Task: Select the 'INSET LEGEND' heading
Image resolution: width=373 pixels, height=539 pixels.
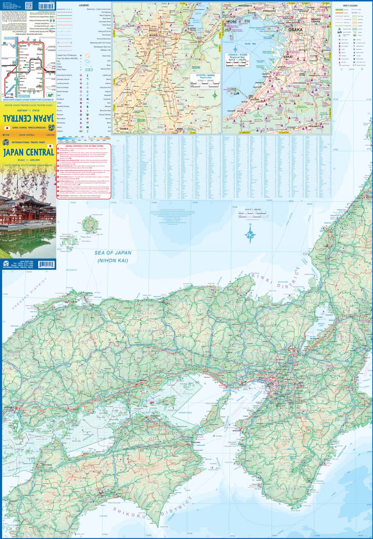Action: pyautogui.click(x=351, y=5)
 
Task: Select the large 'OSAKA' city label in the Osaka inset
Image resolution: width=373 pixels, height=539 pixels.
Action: pyautogui.click(x=295, y=30)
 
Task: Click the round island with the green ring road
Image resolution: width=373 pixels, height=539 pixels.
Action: pyautogui.click(x=90, y=225)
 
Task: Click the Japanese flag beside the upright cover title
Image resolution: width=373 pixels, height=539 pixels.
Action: pyautogui.click(x=49, y=146)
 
